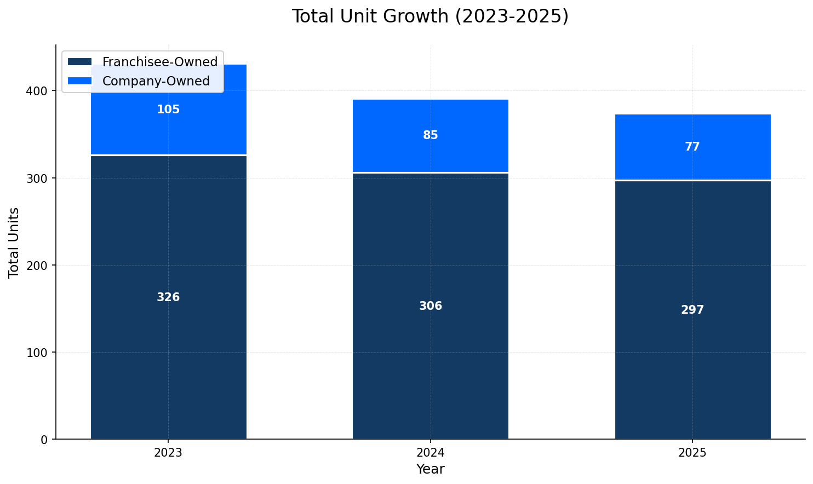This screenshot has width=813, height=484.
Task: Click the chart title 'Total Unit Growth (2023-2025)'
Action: tap(430, 16)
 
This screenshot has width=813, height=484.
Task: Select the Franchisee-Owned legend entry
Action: tap(159, 62)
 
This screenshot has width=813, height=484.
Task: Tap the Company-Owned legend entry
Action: tap(156, 82)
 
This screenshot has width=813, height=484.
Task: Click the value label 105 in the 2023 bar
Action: tap(168, 110)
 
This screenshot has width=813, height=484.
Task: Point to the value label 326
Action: tap(168, 298)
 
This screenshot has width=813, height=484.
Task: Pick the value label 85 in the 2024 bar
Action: tap(431, 136)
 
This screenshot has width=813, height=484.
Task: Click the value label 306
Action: tap(431, 307)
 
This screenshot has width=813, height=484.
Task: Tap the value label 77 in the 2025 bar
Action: tap(692, 147)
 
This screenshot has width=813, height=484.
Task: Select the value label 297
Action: tap(692, 310)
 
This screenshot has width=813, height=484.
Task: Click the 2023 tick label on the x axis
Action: tap(168, 453)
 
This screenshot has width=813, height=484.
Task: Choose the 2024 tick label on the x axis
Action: tap(431, 453)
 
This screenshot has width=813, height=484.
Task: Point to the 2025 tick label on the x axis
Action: tap(692, 453)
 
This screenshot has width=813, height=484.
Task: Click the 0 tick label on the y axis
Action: tap(45, 440)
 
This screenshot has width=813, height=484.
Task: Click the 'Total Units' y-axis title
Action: tap(14, 243)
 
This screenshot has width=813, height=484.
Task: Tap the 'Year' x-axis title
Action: tap(430, 470)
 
